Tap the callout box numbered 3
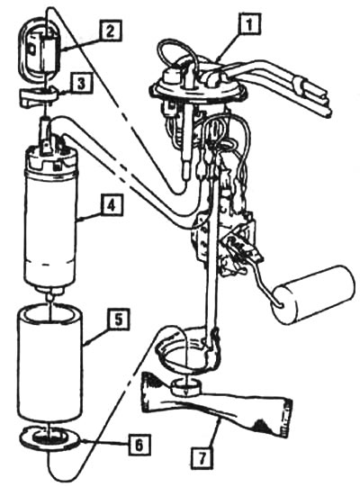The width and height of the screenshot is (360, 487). pyautogui.click(x=81, y=84)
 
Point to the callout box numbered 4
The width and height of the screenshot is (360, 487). pyautogui.click(x=112, y=205)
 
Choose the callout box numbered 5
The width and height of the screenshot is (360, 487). pyautogui.click(x=118, y=320)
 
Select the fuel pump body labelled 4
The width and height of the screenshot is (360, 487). pyautogui.click(x=50, y=219)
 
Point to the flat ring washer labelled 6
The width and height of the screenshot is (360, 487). pyautogui.click(x=49, y=437)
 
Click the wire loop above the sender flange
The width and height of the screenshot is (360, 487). pyautogui.click(x=176, y=54)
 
